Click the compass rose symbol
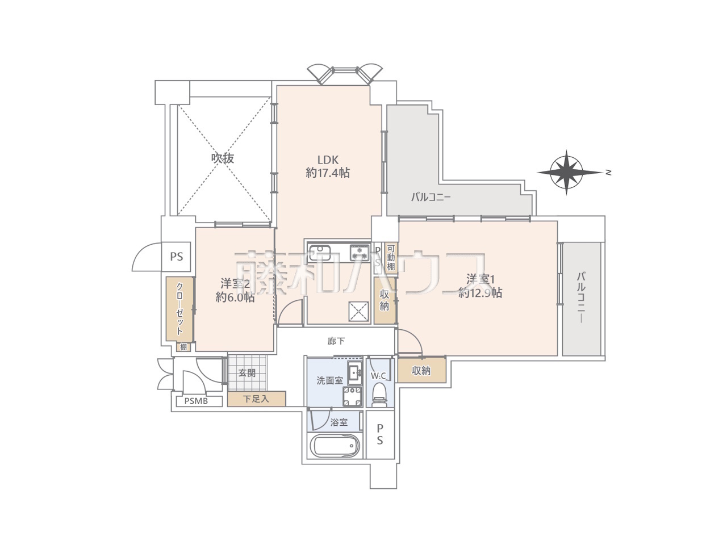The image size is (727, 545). coord(566,173)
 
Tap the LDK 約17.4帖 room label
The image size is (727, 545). coord(328,166)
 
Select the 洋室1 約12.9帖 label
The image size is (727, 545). coord(481,286)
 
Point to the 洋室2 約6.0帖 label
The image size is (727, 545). coord(235,290)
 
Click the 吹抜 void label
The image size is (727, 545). coord(223,158)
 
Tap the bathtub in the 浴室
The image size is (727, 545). coord(334,445)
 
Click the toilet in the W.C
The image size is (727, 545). coord(380,395)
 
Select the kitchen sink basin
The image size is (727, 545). coord(319,253)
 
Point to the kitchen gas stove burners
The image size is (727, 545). coord(360,252)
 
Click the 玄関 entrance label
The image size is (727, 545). coord(247,373)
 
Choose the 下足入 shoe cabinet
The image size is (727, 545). coord(256,399)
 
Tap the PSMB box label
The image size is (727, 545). coord(196,401)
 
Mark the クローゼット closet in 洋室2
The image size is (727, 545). coord(179,309)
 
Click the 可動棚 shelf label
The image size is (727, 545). coord(391,257)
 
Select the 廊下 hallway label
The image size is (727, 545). coord(336,341)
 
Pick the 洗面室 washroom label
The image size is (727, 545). coord(329,380)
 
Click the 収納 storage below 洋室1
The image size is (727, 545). coord(421,370)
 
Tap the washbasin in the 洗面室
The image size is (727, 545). coord(356,373)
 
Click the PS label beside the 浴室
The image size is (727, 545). coord(380,434)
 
